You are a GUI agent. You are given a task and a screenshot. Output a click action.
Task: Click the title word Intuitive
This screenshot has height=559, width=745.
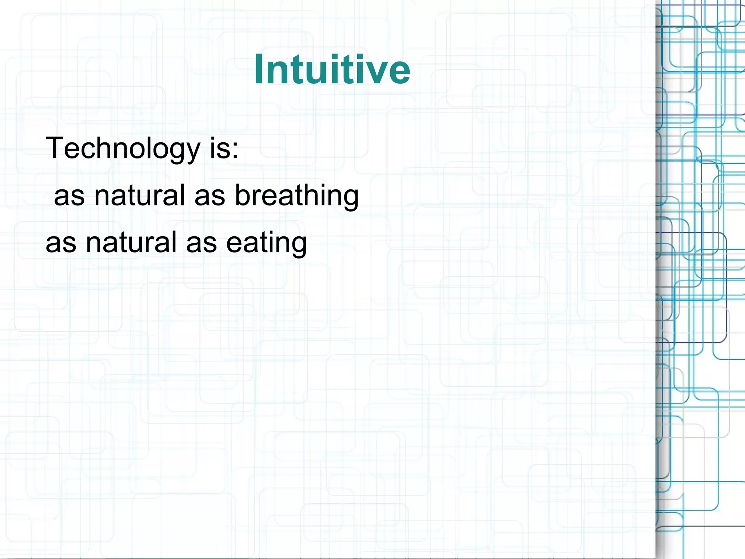[x=332, y=69]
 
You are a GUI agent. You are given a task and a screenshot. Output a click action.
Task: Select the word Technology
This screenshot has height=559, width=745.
[x=123, y=149]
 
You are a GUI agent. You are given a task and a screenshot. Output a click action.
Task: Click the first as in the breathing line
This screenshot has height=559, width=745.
[x=69, y=197]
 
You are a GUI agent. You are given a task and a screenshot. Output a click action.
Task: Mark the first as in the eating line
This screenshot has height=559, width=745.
[x=61, y=244]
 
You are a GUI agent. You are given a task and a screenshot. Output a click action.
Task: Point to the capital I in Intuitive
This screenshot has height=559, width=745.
[x=259, y=69]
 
